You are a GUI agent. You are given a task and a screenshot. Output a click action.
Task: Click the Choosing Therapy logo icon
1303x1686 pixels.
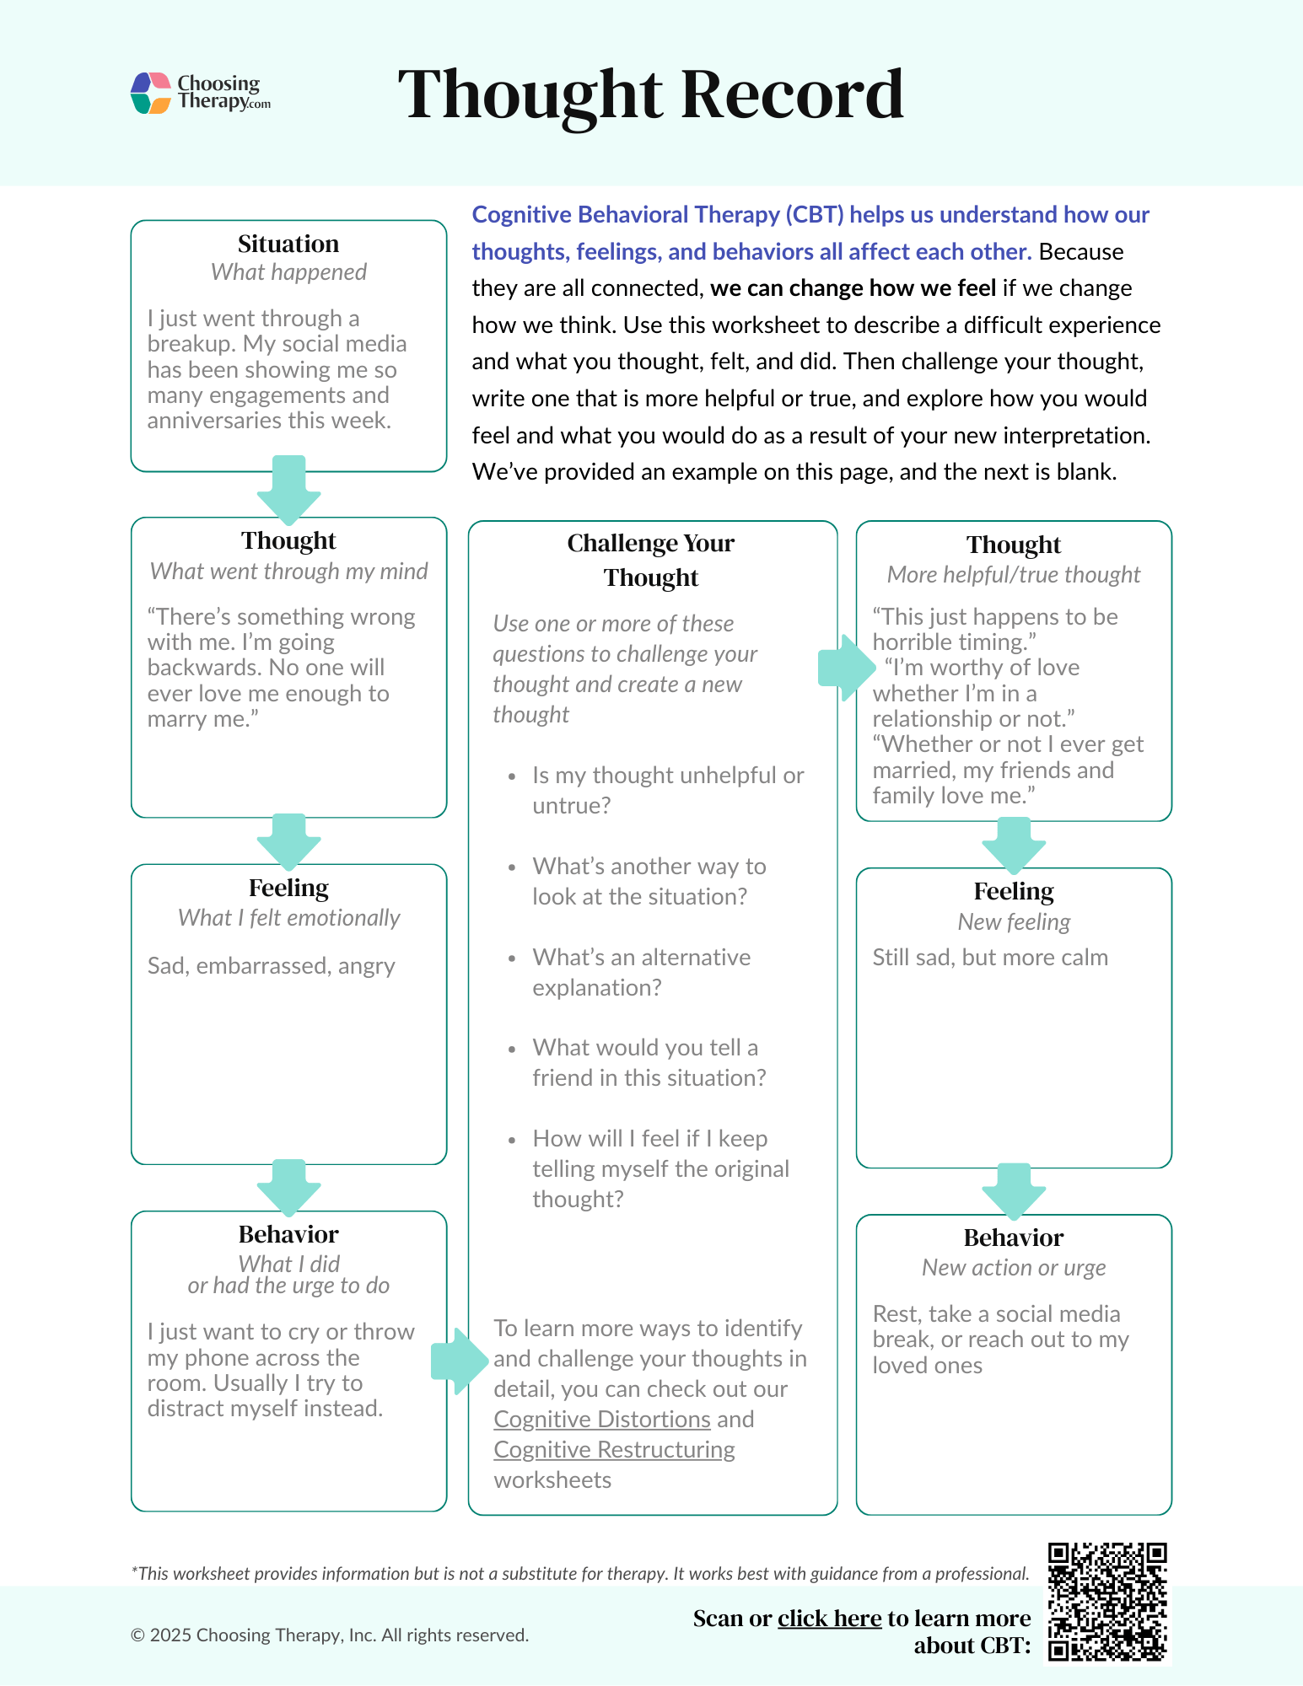pos(152,93)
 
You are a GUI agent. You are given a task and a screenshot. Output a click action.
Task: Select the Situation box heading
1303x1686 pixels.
pos(288,244)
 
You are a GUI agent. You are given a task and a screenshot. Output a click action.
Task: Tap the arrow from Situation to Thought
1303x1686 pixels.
pos(288,489)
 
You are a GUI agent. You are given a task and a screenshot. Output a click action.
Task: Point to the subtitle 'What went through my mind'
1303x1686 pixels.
pos(288,572)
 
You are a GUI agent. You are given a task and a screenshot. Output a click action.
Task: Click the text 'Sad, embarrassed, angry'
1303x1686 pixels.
pos(271,966)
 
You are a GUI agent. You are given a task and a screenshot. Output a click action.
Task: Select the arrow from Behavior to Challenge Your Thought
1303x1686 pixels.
pos(459,1360)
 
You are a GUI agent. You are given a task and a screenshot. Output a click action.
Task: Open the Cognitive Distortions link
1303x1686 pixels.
pos(602,1420)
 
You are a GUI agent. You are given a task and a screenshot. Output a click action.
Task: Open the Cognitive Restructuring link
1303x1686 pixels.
pos(614,1450)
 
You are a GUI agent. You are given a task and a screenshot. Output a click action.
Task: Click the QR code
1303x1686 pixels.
pos(1106,1602)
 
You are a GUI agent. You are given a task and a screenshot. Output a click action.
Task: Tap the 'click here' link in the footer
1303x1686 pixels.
pos(829,1619)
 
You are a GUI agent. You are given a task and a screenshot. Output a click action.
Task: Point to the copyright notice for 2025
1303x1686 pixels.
pos(330,1635)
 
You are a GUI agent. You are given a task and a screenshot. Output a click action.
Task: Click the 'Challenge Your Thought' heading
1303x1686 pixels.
pos(651,560)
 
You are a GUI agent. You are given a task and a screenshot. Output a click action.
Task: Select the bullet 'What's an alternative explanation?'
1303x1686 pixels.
pos(641,972)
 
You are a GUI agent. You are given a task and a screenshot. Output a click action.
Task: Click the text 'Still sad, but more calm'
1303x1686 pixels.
pos(990,958)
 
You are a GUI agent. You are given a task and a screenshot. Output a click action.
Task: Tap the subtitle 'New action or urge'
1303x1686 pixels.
pos(1014,1268)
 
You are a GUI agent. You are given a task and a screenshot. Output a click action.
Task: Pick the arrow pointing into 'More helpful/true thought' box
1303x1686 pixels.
pos(846,668)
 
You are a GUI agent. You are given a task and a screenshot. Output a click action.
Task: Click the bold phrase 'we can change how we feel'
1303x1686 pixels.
pos(853,288)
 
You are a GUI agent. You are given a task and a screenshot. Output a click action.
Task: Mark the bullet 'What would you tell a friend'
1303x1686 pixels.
pos(649,1062)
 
